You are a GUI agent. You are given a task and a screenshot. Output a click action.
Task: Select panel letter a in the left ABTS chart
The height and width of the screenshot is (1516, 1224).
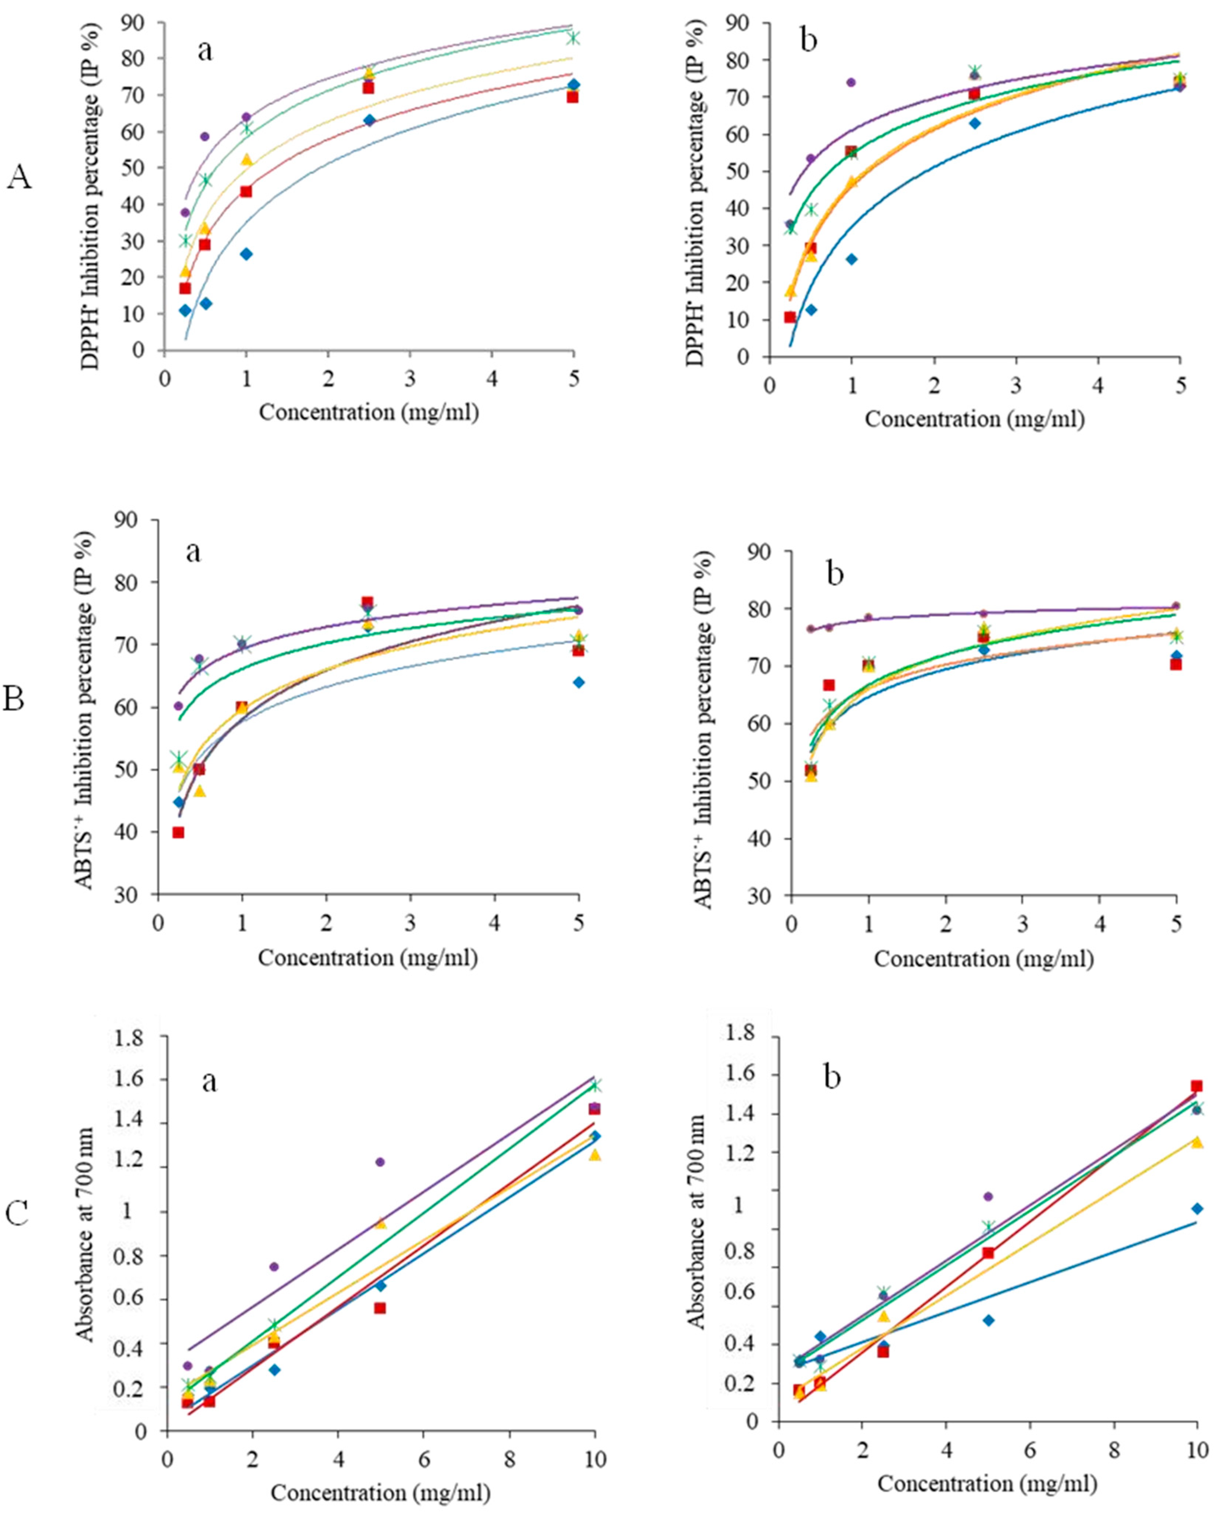pos(193,552)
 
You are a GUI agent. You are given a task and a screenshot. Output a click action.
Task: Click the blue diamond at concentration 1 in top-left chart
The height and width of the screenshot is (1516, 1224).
pos(246,254)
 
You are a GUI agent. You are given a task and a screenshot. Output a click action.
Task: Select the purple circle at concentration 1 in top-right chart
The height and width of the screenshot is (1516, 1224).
pos(851,82)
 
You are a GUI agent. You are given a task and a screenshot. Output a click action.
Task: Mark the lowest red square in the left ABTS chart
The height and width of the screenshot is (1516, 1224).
pos(178,832)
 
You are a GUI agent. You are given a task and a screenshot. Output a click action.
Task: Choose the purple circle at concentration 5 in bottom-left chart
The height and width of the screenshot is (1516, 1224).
pos(380,1162)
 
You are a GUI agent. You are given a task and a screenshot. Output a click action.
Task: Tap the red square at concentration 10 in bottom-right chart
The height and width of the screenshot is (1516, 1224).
pos(1196,1086)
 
